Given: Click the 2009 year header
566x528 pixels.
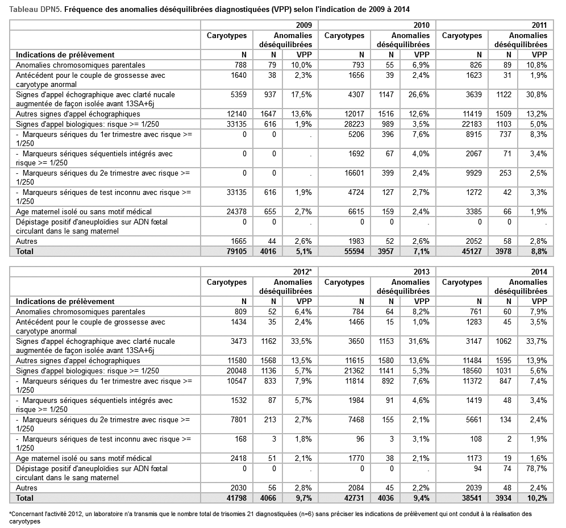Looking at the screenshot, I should (303, 26).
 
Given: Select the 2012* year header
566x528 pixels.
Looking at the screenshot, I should (301, 272).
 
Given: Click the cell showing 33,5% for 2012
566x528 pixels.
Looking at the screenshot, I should (302, 342).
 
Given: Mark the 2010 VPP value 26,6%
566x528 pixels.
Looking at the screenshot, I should (419, 94).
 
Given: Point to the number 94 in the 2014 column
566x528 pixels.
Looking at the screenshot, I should (477, 468).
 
